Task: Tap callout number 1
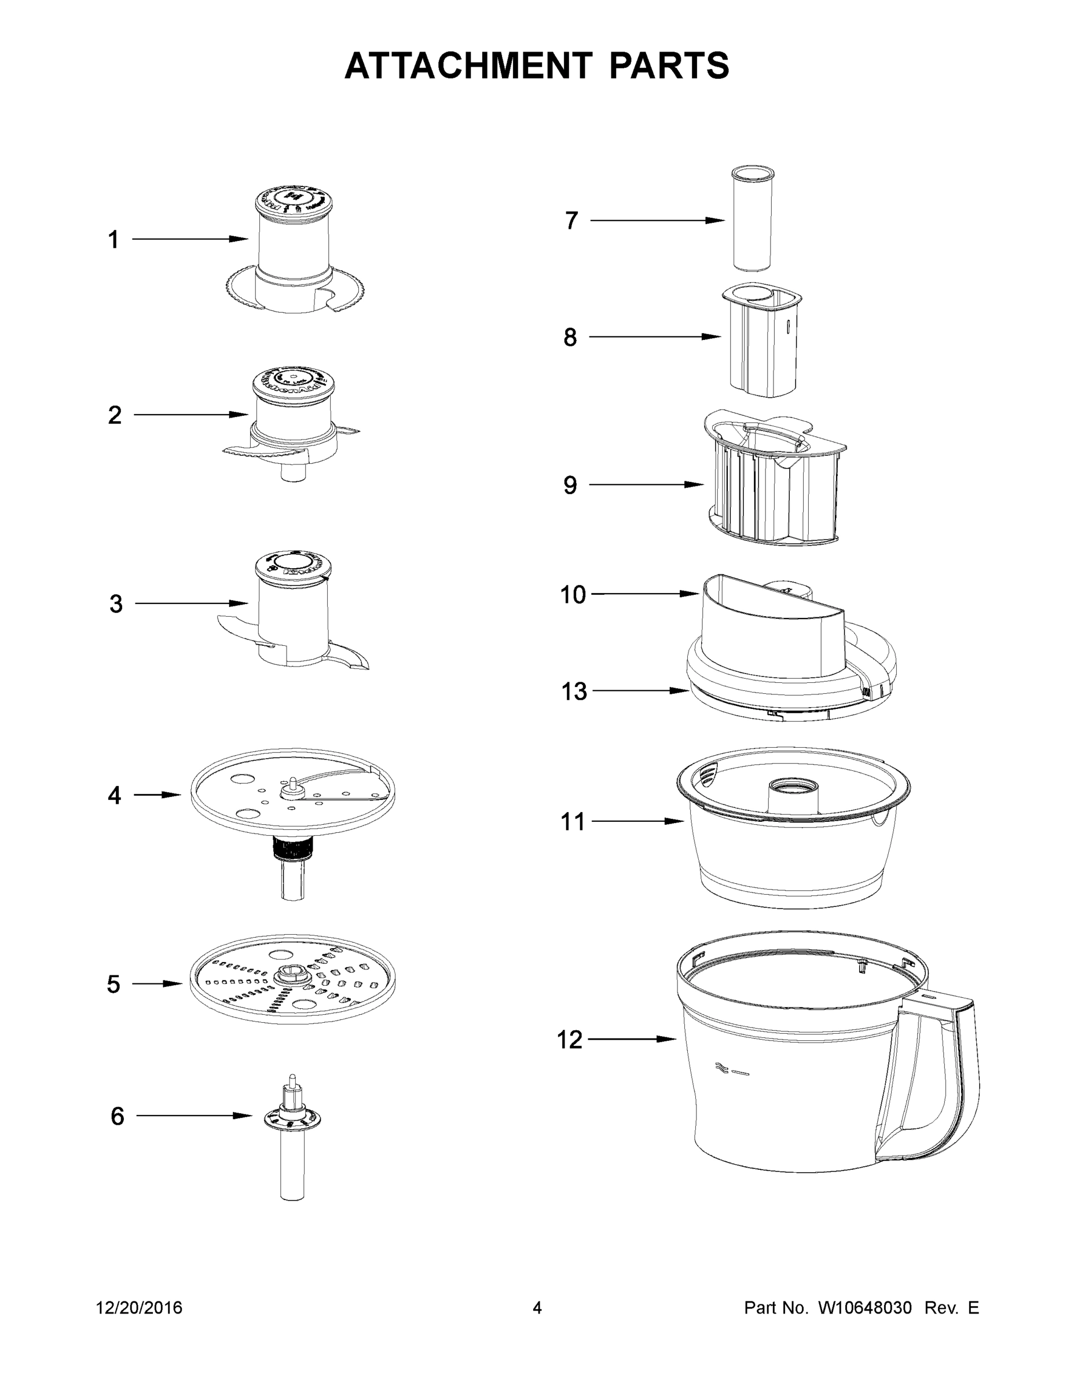tap(113, 240)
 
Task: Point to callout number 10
tap(572, 595)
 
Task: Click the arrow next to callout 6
tap(194, 1115)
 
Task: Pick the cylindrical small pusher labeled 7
tap(752, 220)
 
